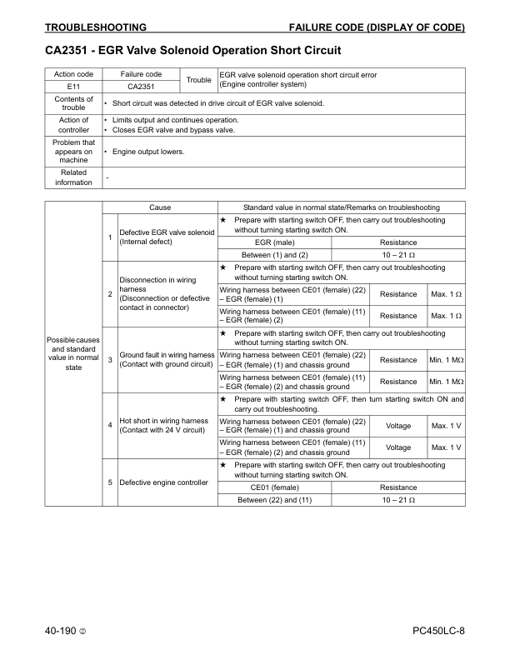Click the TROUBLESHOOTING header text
coord(96,27)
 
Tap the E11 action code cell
coord(73,86)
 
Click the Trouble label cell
coord(198,80)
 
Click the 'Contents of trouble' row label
coord(73,103)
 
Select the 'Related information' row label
coord(73,177)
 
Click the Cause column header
coord(160,207)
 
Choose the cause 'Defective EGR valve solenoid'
coord(167,237)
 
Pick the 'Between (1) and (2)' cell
coord(274,254)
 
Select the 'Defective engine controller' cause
coord(163,482)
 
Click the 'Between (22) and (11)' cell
coord(274,499)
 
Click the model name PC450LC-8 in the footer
coord(438,632)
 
